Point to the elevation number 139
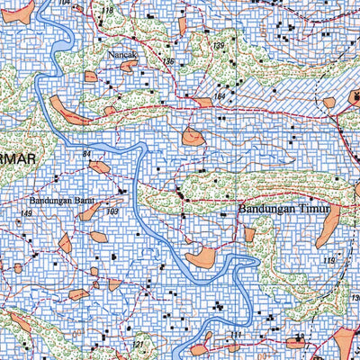(x=218, y=46)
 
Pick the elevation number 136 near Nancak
(x=167, y=60)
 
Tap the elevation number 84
(x=87, y=156)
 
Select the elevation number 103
(x=112, y=211)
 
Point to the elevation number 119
(x=329, y=261)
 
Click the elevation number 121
(x=138, y=345)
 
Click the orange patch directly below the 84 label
(x=99, y=166)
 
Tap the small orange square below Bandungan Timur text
(x=249, y=234)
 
